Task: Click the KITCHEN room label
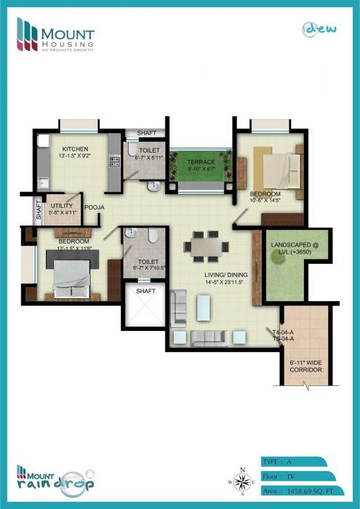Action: coord(75,148)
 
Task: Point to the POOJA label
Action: coord(95,208)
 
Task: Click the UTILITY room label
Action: coord(61,206)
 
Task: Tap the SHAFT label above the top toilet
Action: coord(146,133)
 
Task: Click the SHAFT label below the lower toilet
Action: coord(146,291)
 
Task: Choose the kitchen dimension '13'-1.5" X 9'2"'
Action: coord(75,156)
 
